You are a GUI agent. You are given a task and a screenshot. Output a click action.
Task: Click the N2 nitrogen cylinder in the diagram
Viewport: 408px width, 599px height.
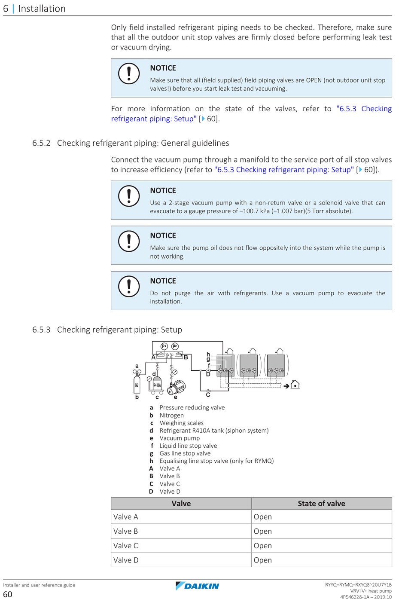[x=137, y=384]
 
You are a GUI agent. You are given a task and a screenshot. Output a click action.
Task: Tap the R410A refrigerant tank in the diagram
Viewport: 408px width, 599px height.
[x=157, y=385]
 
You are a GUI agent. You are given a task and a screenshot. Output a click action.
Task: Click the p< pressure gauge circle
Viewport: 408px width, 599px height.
[x=164, y=346]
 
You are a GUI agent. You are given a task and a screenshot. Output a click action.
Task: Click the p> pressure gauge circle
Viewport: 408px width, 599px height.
[x=175, y=346]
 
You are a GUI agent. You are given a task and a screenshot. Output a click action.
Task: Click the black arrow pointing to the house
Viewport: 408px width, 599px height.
[x=286, y=386]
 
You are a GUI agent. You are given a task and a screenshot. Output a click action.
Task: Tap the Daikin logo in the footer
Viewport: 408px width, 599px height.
[x=197, y=586]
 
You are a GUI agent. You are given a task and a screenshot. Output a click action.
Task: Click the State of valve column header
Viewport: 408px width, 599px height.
[x=321, y=504]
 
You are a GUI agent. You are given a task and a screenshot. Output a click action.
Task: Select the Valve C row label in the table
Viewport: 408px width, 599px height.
[x=125, y=546]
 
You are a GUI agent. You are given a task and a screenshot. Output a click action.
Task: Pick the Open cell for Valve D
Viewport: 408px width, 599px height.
[x=263, y=560]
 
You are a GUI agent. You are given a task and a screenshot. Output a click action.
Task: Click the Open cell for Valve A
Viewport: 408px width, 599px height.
[x=263, y=517]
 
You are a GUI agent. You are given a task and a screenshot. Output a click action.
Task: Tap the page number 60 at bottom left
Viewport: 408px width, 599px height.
[x=8, y=594]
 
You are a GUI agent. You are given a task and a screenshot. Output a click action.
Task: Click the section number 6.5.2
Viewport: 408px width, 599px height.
[x=41, y=143]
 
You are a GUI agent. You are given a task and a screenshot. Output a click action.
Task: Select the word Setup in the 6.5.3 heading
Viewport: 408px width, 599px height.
[x=171, y=330]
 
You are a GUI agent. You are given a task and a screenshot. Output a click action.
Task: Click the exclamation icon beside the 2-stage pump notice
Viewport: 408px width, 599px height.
[x=129, y=196]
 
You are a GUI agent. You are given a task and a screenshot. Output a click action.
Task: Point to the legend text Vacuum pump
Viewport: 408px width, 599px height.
[x=180, y=438]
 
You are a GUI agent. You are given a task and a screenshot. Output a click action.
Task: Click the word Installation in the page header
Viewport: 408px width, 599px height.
[x=42, y=9]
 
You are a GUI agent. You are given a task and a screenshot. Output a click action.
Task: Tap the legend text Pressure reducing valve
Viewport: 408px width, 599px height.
[x=192, y=407]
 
